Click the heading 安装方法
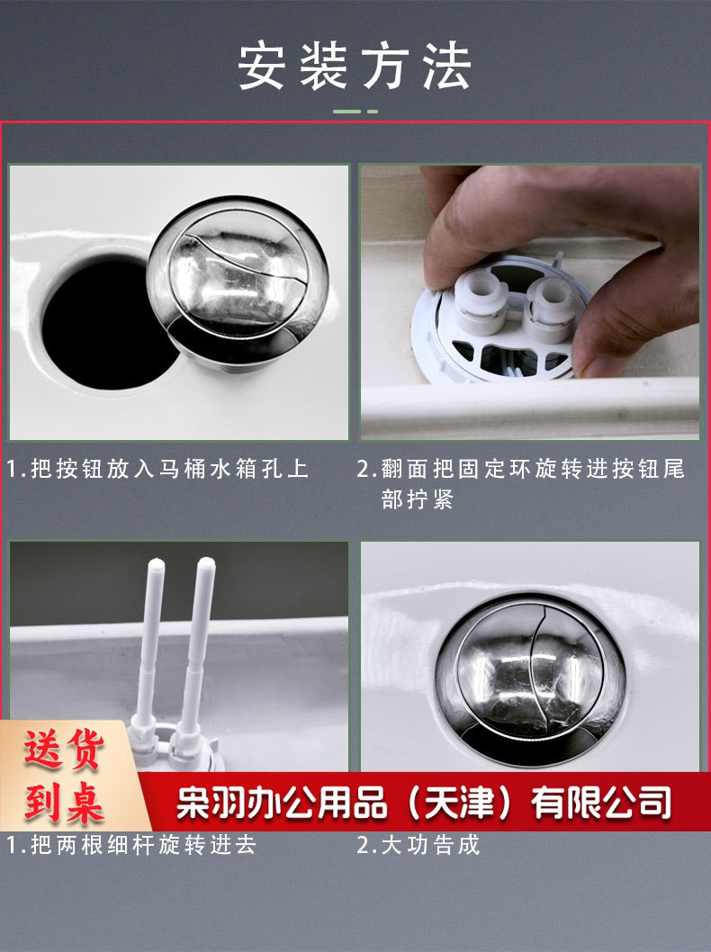tap(355, 67)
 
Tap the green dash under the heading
tap(355, 112)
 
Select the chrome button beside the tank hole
tap(238, 281)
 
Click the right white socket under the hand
tap(550, 307)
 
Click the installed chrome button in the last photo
tap(530, 677)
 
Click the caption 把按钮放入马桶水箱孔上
tap(169, 469)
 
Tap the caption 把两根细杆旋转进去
tap(144, 845)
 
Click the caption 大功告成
tap(430, 845)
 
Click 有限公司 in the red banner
tap(601, 803)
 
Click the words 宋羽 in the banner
tap(211, 803)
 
